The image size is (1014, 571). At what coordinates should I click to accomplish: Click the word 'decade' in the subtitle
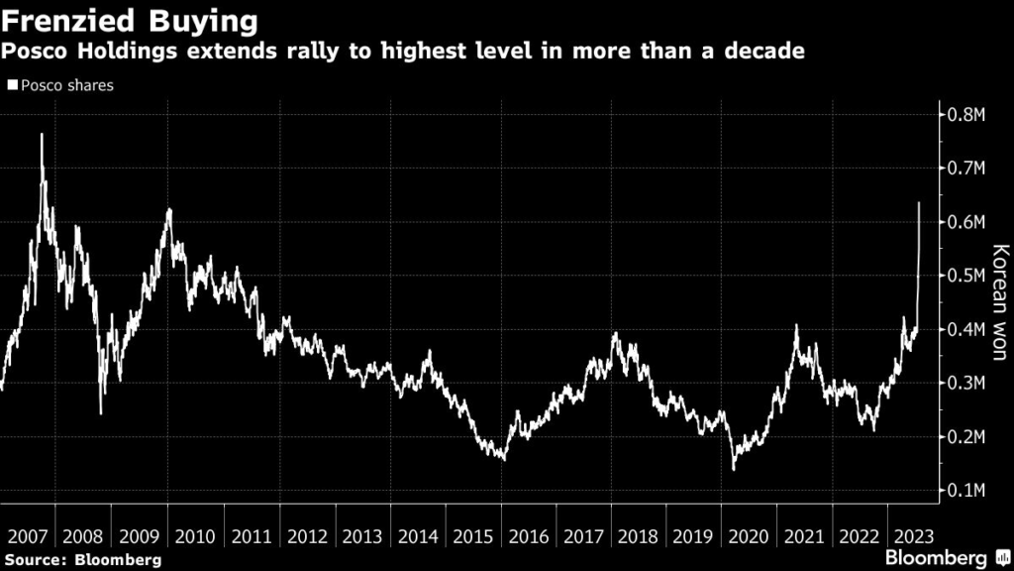pyautogui.click(x=762, y=51)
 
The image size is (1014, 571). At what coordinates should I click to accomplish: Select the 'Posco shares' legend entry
pyautogui.click(x=61, y=85)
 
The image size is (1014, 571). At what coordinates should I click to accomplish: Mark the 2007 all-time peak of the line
pyautogui.click(x=42, y=134)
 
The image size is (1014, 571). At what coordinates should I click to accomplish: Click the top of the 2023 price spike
pyautogui.click(x=919, y=203)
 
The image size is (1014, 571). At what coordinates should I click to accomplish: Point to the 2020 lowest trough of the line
pyautogui.click(x=734, y=469)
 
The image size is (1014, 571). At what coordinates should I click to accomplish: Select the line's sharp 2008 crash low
pyautogui.click(x=101, y=412)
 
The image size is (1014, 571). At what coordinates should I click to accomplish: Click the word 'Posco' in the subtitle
pyautogui.click(x=38, y=51)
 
